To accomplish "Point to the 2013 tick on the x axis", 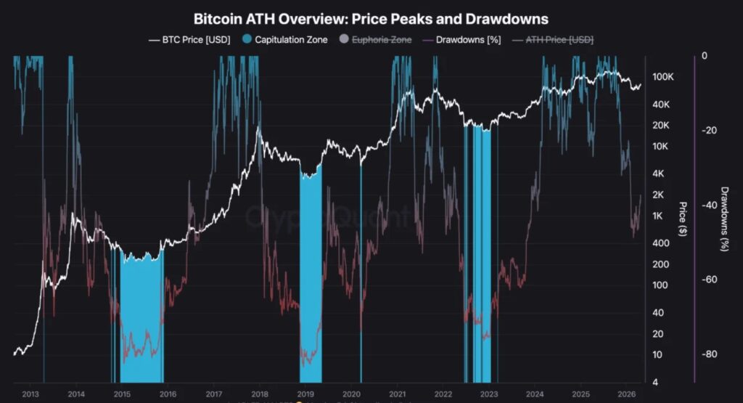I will (30, 394).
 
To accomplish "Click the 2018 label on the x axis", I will (259, 394).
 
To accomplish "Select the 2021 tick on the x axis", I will (397, 394).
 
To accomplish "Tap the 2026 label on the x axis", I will (625, 394).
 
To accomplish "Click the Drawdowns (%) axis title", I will (723, 219).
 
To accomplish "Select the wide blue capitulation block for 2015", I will (141, 319).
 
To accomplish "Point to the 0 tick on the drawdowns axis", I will (705, 56).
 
